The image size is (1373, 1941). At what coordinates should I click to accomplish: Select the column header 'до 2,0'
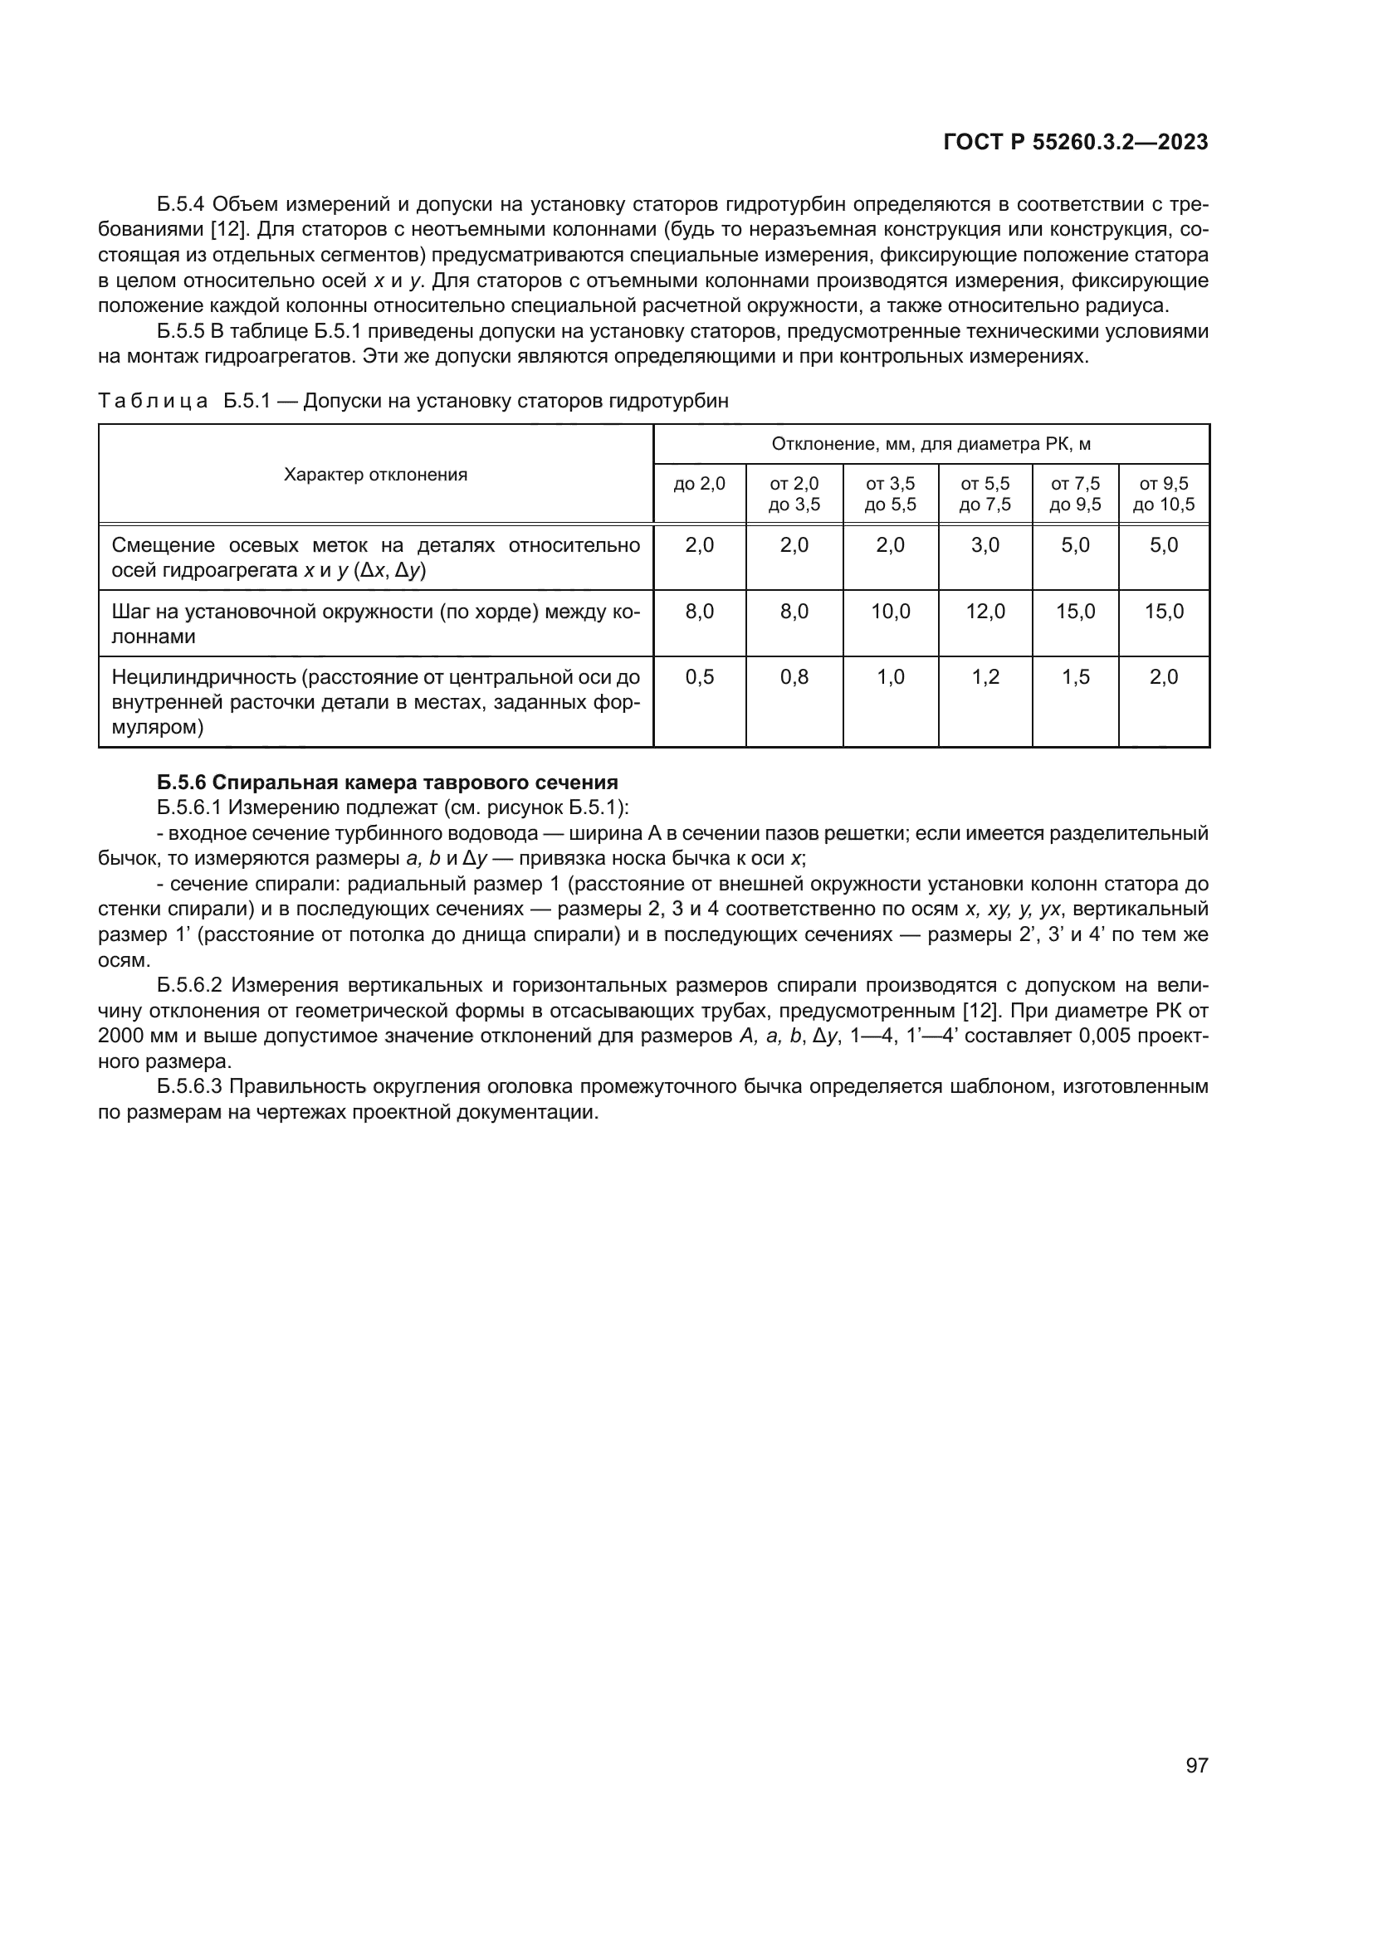[x=699, y=485]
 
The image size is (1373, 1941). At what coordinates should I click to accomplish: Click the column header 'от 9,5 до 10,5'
[x=1163, y=495]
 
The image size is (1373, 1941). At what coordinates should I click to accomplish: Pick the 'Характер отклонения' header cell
[x=375, y=475]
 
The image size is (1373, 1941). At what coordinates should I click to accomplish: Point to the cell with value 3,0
[x=985, y=546]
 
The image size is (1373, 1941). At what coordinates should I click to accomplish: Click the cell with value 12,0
[x=985, y=612]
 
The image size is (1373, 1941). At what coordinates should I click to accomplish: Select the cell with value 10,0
[x=890, y=612]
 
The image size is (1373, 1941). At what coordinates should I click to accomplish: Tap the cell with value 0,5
[x=699, y=678]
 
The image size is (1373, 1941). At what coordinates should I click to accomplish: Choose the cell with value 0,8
[x=794, y=678]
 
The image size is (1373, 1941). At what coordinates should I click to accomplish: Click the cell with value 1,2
[x=985, y=678]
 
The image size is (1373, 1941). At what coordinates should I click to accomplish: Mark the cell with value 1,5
[x=1075, y=678]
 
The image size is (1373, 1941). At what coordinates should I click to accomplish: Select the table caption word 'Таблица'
[x=153, y=402]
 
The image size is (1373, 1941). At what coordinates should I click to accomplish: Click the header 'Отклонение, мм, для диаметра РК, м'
[x=931, y=445]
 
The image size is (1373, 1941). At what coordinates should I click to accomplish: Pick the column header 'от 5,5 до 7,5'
[x=985, y=495]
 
